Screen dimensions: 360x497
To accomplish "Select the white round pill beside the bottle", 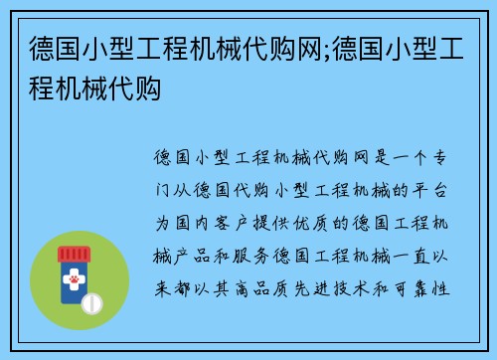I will (x=92, y=301).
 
